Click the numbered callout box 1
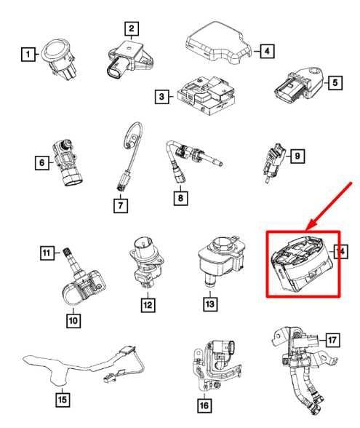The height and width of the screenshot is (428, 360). coord(27,53)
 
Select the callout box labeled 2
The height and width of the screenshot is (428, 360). coord(131,29)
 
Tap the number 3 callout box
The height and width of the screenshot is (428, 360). coord(161,96)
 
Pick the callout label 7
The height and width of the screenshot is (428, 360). coord(119,205)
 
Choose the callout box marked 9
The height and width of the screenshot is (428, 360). coord(296,155)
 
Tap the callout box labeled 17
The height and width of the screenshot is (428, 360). coord(332,338)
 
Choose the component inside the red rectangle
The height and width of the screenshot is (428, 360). coord(300,263)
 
